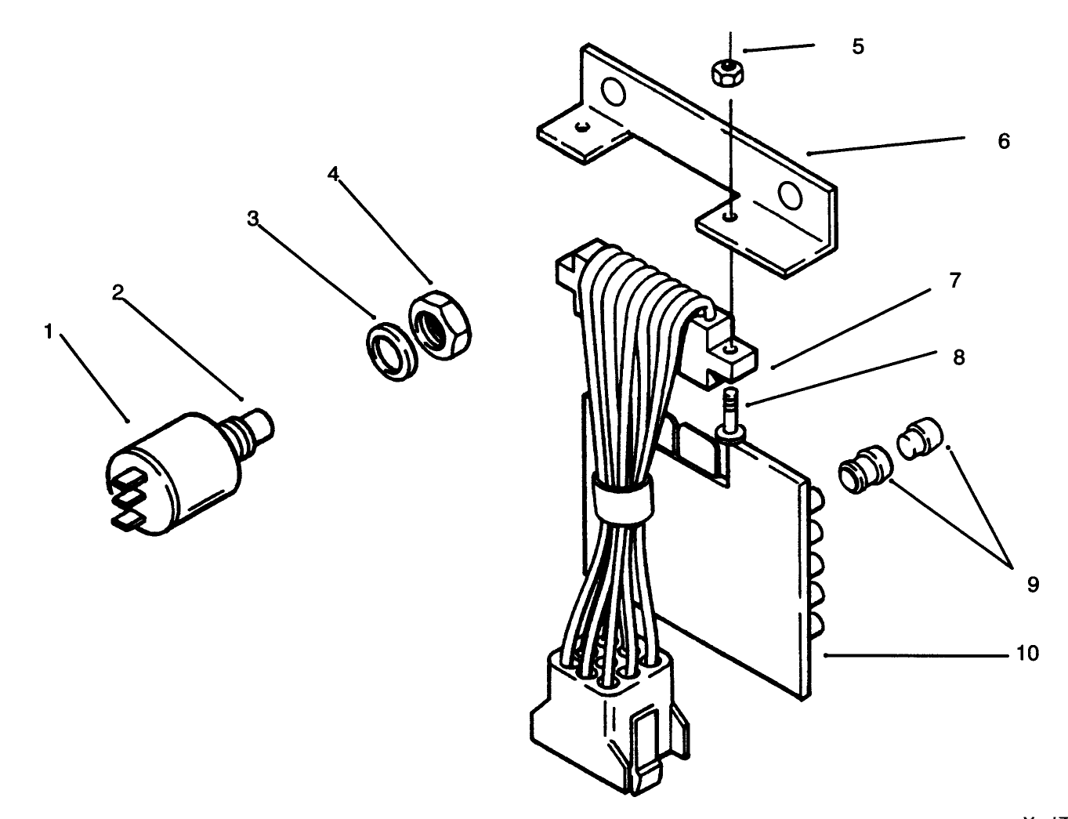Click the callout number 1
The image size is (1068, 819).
[x=48, y=332]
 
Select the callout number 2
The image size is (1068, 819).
[x=118, y=293]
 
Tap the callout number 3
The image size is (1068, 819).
[x=252, y=219]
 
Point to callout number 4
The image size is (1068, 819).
[x=334, y=174]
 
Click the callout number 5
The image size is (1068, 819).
[x=858, y=47]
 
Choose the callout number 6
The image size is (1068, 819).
[x=1004, y=142]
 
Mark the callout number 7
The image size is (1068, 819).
[x=954, y=281]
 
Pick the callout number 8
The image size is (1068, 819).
[x=958, y=357]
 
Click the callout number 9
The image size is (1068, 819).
[x=1033, y=584]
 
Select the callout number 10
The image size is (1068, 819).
[x=1027, y=653]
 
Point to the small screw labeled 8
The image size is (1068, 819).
[x=730, y=411]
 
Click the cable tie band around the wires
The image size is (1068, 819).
[x=623, y=498]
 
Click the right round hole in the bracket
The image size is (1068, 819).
[x=791, y=195]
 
